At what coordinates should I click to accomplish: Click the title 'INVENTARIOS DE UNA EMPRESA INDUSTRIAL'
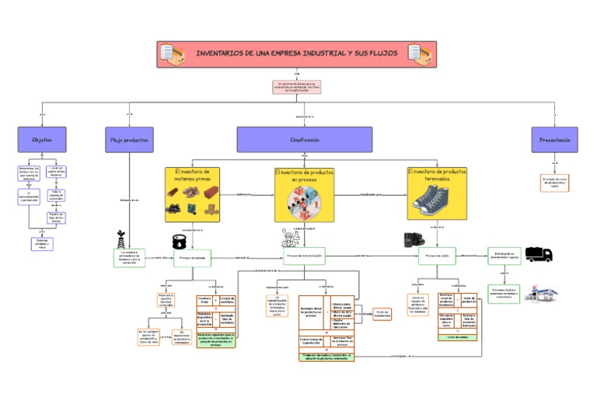click(296, 54)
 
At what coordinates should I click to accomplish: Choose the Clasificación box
click(304, 140)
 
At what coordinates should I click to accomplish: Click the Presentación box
click(555, 140)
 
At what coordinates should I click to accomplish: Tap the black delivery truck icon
click(539, 254)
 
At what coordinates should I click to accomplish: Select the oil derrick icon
click(120, 238)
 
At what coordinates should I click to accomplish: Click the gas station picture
click(541, 293)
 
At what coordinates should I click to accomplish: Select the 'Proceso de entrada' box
click(193, 257)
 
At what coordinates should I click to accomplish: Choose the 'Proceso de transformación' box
click(304, 256)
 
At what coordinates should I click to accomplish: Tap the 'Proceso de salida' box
click(437, 256)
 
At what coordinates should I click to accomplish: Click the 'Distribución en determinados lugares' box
click(504, 255)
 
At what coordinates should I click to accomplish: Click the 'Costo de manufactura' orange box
click(382, 314)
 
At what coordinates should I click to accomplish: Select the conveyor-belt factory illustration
click(304, 204)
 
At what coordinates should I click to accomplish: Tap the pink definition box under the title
click(296, 87)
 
